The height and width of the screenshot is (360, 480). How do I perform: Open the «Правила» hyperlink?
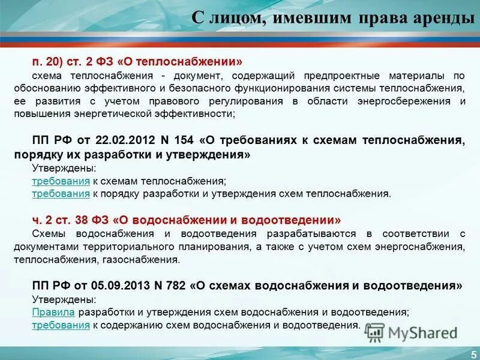(x=53, y=312)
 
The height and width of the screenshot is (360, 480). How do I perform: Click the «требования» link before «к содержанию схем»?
(x=61, y=325)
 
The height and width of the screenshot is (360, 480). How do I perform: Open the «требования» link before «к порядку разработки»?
(x=61, y=193)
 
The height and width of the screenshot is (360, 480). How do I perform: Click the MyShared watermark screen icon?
(x=374, y=332)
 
